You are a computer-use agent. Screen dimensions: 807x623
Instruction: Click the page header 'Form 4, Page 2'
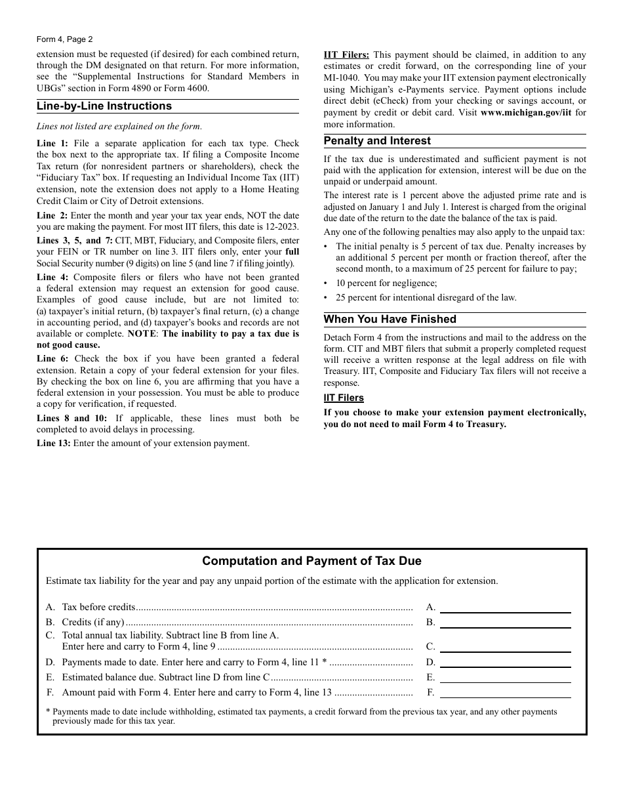(64, 39)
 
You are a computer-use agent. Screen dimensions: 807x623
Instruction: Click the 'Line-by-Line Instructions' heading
(104, 106)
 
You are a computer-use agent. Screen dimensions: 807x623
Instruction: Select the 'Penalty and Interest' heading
(377, 141)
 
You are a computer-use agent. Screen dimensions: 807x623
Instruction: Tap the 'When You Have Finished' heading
(390, 320)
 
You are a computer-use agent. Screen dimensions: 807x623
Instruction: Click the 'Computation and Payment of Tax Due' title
(311, 561)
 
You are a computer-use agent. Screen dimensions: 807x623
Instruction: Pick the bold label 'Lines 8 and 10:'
(71, 419)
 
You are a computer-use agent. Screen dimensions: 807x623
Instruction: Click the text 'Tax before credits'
(98, 608)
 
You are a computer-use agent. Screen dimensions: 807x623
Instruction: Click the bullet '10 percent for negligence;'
(386, 283)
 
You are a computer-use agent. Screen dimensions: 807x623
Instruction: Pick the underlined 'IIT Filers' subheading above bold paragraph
(344, 398)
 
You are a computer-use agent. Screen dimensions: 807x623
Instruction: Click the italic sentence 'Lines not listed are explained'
(119, 127)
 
